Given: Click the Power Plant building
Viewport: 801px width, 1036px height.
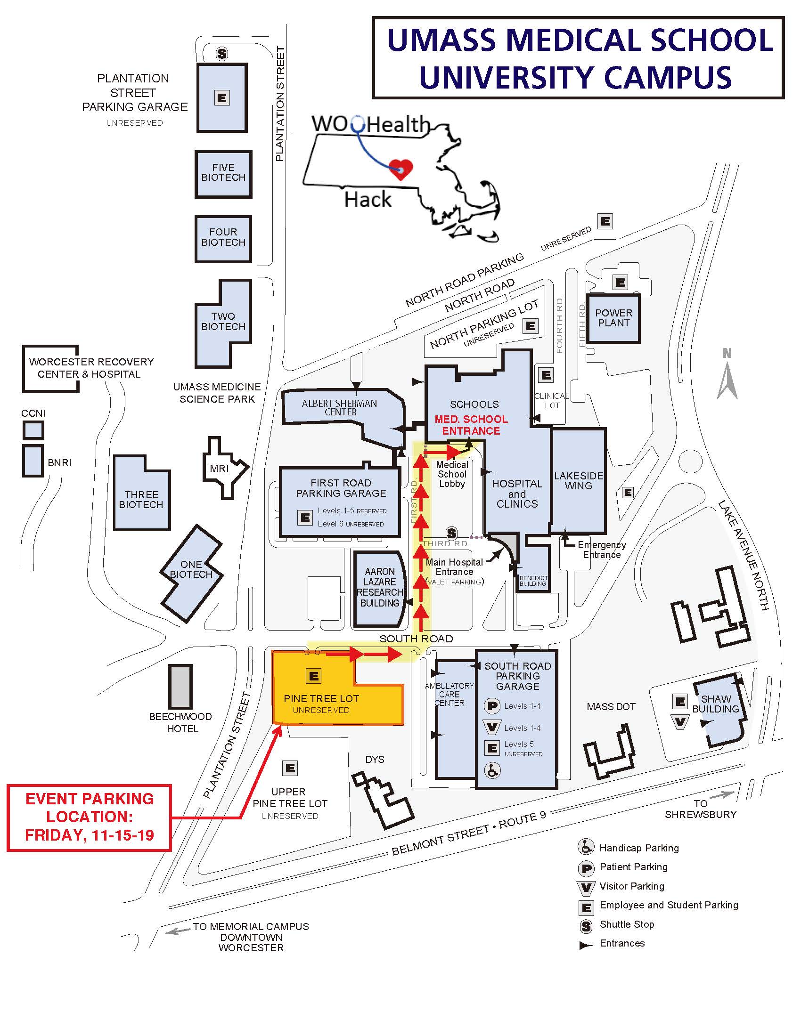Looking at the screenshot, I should click(x=613, y=318).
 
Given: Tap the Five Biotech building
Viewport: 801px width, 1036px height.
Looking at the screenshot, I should click(x=223, y=174).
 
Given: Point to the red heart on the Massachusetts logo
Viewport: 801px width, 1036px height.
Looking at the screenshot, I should click(x=400, y=169).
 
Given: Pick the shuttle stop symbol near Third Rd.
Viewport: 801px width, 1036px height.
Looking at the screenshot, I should click(x=451, y=533).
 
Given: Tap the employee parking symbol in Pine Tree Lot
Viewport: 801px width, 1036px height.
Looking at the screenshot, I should click(x=313, y=676).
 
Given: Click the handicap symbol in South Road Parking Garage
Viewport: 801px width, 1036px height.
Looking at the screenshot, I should click(x=492, y=770).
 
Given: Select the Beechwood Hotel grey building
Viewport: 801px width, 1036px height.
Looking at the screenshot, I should click(x=181, y=687).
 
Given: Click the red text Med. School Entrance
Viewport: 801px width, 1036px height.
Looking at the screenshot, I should click(x=471, y=425).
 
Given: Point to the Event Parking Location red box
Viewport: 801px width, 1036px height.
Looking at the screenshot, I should click(x=89, y=817).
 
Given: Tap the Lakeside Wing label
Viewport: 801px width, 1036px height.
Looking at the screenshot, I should click(x=579, y=480).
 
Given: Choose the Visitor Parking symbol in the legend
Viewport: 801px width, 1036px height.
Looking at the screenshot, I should click(x=586, y=887).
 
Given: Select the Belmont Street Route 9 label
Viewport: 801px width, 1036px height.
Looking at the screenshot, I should click(x=468, y=833).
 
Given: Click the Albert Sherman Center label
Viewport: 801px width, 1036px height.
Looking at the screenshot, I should click(x=340, y=407).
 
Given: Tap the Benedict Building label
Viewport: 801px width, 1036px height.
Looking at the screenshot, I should click(x=533, y=581).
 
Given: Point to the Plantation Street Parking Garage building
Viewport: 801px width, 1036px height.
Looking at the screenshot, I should click(x=222, y=98).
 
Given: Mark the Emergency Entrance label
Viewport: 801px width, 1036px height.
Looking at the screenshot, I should click(x=601, y=550).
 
